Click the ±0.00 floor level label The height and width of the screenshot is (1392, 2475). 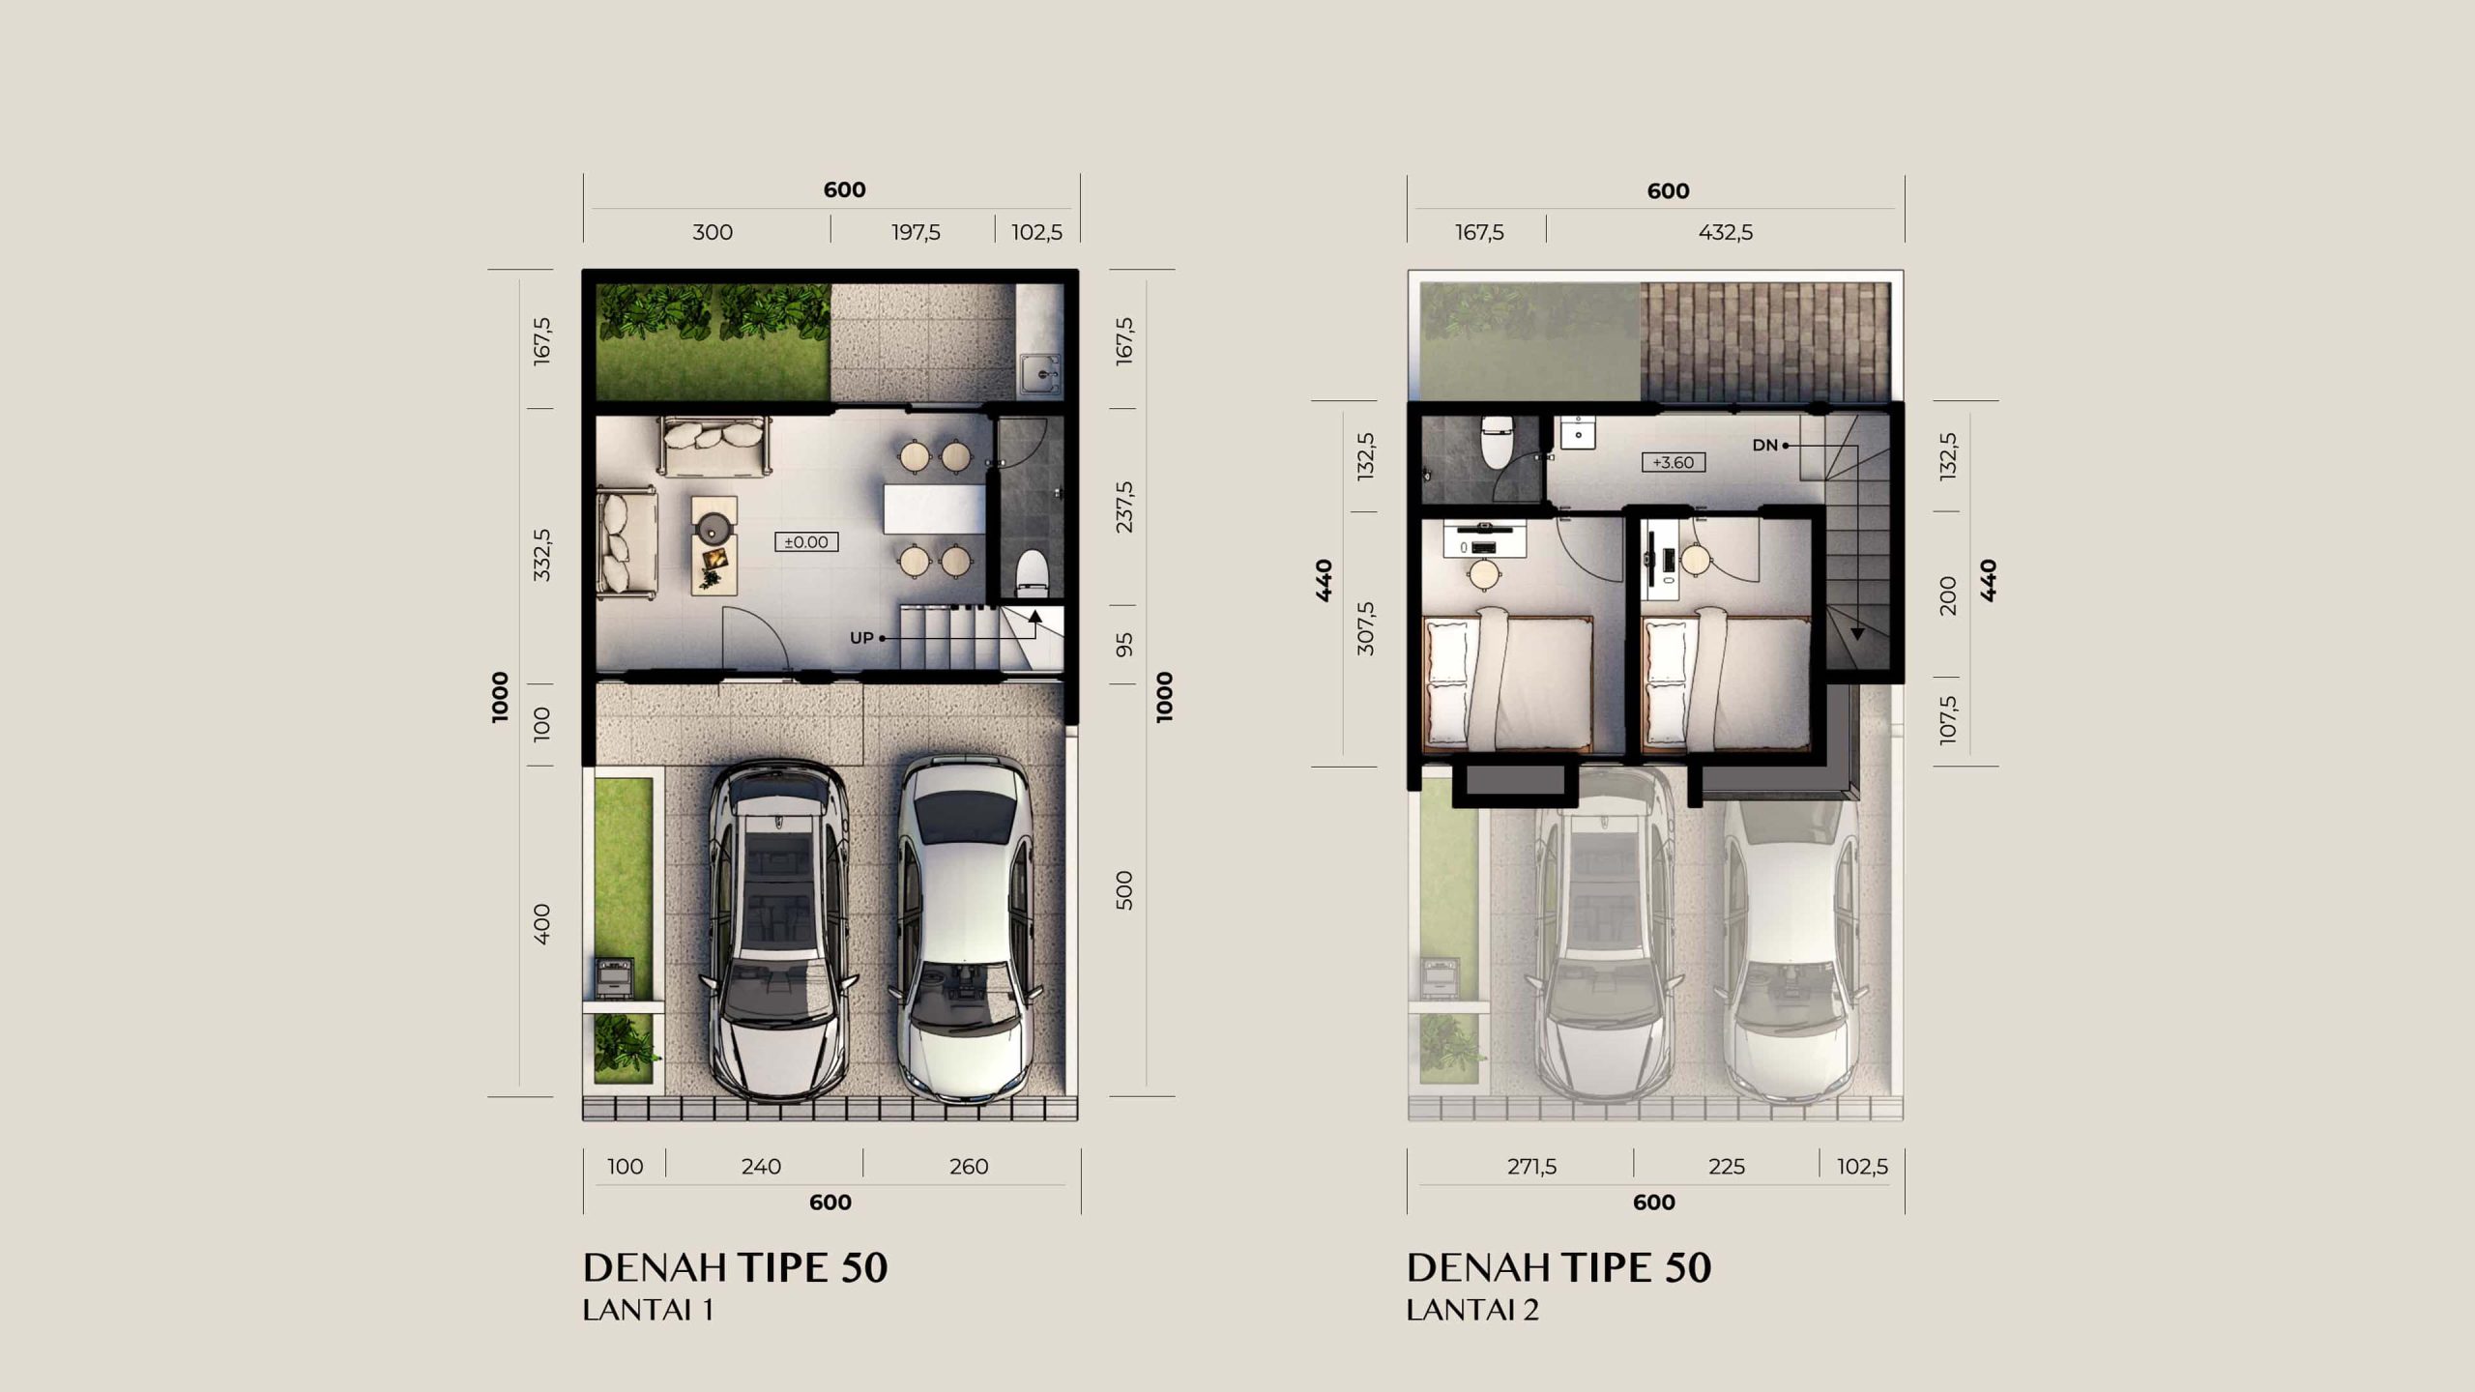tap(806, 542)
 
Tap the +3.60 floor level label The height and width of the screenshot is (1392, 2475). tap(1674, 462)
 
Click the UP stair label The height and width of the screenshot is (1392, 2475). tap(861, 638)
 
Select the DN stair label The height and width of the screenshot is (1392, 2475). tap(1765, 446)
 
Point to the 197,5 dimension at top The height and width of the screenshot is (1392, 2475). tap(916, 232)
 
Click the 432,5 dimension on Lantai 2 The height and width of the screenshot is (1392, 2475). tap(1726, 232)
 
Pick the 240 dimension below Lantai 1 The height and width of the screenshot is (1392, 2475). tap(761, 1167)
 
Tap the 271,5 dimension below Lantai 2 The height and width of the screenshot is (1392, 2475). tap(1532, 1167)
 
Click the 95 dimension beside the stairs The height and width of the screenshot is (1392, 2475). tap(1123, 645)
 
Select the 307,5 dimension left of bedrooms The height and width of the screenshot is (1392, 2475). tap(1365, 628)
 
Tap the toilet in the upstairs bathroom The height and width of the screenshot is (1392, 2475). tap(1497, 442)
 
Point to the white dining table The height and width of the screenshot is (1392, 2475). tap(934, 509)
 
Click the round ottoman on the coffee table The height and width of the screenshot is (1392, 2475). tap(713, 527)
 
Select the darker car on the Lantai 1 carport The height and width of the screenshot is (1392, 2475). tap(779, 930)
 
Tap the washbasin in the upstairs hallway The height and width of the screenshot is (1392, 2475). tap(1577, 432)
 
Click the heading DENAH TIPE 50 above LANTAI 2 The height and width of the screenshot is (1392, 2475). tap(1558, 1268)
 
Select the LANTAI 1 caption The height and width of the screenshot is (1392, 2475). tap(648, 1311)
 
